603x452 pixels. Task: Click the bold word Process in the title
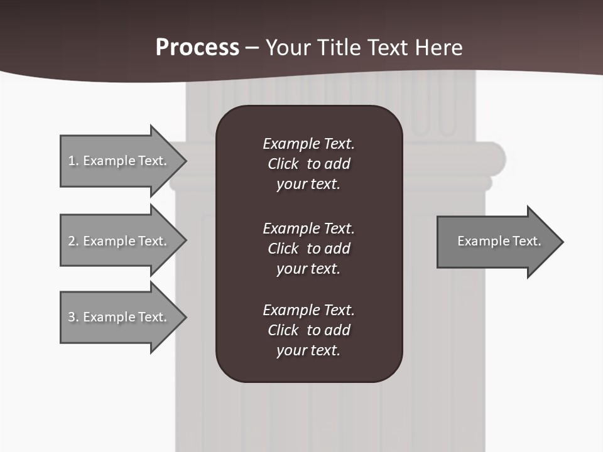(x=197, y=47)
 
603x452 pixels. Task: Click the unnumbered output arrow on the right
(x=496, y=241)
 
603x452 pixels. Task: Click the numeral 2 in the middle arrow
(x=71, y=241)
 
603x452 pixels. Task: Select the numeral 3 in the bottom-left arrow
(x=71, y=317)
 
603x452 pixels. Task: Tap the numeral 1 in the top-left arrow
(x=71, y=161)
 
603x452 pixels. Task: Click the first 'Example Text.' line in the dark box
(x=308, y=144)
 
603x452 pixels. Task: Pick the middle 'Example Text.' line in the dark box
(x=308, y=228)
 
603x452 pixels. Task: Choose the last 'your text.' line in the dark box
(x=308, y=350)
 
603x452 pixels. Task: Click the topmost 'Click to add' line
(x=308, y=164)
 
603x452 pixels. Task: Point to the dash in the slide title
(x=252, y=48)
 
